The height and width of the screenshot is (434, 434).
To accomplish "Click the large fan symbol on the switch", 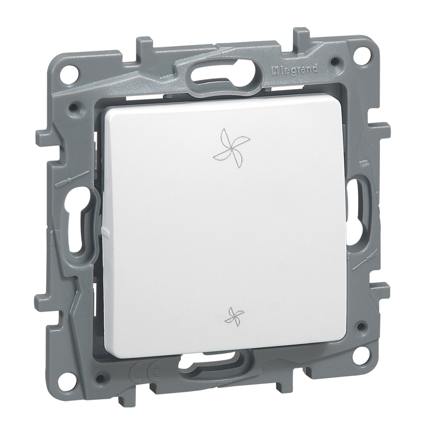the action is [x=228, y=149].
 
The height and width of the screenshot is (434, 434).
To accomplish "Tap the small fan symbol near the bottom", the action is [x=234, y=316].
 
